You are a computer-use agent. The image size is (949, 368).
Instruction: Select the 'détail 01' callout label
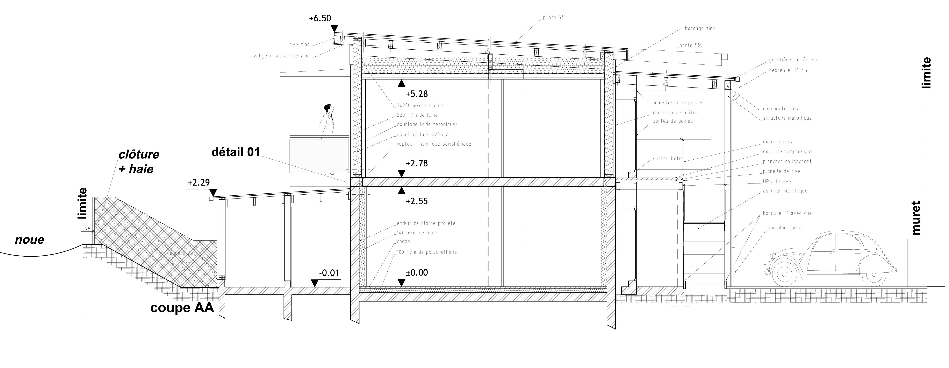tap(236, 152)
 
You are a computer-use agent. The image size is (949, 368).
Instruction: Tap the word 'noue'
tap(29, 240)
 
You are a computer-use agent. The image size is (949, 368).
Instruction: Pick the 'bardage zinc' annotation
tap(700, 28)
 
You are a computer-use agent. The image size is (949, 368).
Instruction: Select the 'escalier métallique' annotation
tap(785, 191)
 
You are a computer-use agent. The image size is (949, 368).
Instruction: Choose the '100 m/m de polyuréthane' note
tap(427, 252)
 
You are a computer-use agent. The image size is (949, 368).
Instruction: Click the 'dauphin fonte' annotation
tap(785, 228)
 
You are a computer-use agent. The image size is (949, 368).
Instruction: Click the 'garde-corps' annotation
tap(777, 142)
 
